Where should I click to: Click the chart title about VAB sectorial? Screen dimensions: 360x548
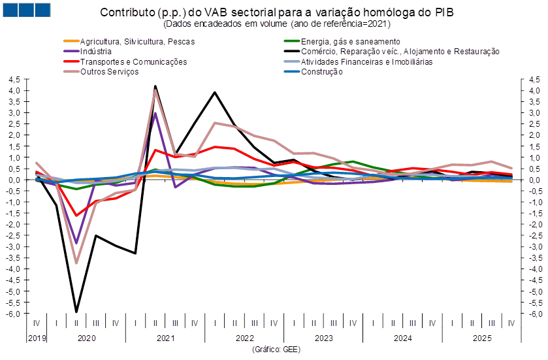(x=276, y=12)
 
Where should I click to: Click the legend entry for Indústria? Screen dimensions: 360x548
(x=95, y=51)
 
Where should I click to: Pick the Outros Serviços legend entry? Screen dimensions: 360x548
(x=109, y=72)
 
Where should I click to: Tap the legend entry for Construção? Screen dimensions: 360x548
(x=321, y=72)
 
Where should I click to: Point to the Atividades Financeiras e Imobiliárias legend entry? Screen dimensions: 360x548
(x=366, y=61)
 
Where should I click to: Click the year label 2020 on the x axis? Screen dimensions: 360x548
(x=86, y=339)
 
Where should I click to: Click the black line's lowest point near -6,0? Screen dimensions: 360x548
(x=76, y=312)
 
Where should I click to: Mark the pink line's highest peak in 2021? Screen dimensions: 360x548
(x=155, y=90)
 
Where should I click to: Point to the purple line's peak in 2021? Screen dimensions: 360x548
(x=155, y=113)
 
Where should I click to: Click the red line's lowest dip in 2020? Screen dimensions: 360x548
(x=76, y=216)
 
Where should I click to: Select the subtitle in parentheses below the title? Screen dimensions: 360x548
(x=276, y=24)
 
